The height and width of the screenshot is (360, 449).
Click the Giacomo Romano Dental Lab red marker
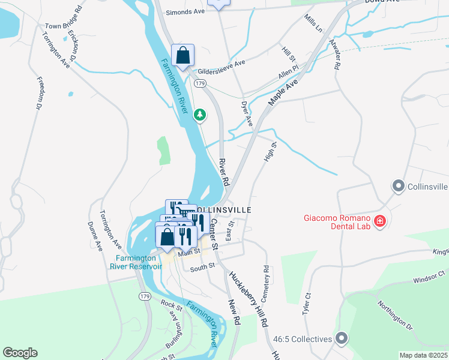[379, 222]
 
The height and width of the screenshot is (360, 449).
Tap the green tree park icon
[200, 114]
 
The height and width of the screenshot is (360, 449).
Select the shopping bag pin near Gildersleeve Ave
[183, 56]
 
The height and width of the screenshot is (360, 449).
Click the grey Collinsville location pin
[398, 187]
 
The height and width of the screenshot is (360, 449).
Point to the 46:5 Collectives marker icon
[342, 339]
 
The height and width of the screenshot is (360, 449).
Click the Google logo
[20, 353]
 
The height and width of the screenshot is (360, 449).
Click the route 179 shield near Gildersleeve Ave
[200, 83]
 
